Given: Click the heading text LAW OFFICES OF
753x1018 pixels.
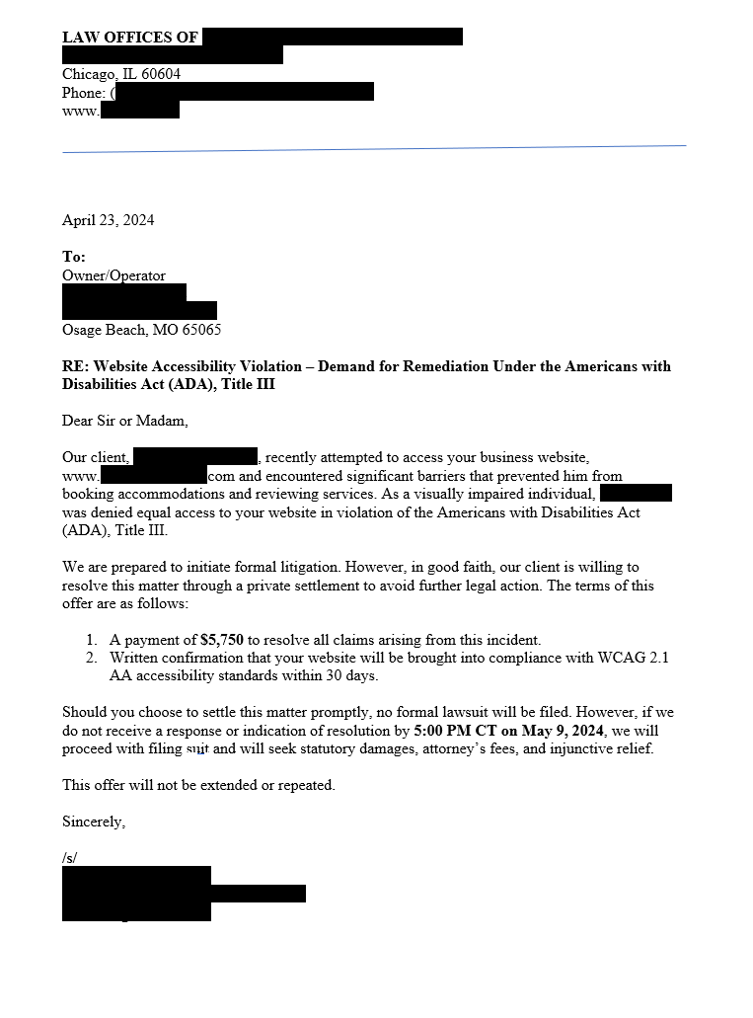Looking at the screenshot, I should (130, 38).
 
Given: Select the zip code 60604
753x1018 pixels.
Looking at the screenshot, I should (160, 74).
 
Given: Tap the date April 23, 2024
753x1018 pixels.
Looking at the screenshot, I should (108, 220).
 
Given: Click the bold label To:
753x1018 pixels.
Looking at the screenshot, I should (74, 257).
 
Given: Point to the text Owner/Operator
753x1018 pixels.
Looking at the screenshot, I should (113, 275).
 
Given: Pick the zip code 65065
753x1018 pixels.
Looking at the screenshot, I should (201, 330).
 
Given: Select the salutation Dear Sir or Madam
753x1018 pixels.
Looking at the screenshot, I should (124, 421).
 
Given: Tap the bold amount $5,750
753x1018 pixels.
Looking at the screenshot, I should (221, 640).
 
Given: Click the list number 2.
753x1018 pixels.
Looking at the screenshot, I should (91, 658).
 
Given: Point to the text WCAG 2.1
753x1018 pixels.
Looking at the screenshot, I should (634, 658).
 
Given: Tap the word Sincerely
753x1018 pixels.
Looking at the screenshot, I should (94, 822).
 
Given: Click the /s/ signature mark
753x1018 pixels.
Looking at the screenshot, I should (69, 858).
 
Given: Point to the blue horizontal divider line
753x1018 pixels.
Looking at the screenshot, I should (374, 149).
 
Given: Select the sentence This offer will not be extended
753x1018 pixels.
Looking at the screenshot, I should (198, 785).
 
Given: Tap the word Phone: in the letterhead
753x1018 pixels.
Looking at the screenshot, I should (84, 93).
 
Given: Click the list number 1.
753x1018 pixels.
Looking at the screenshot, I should (91, 640).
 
